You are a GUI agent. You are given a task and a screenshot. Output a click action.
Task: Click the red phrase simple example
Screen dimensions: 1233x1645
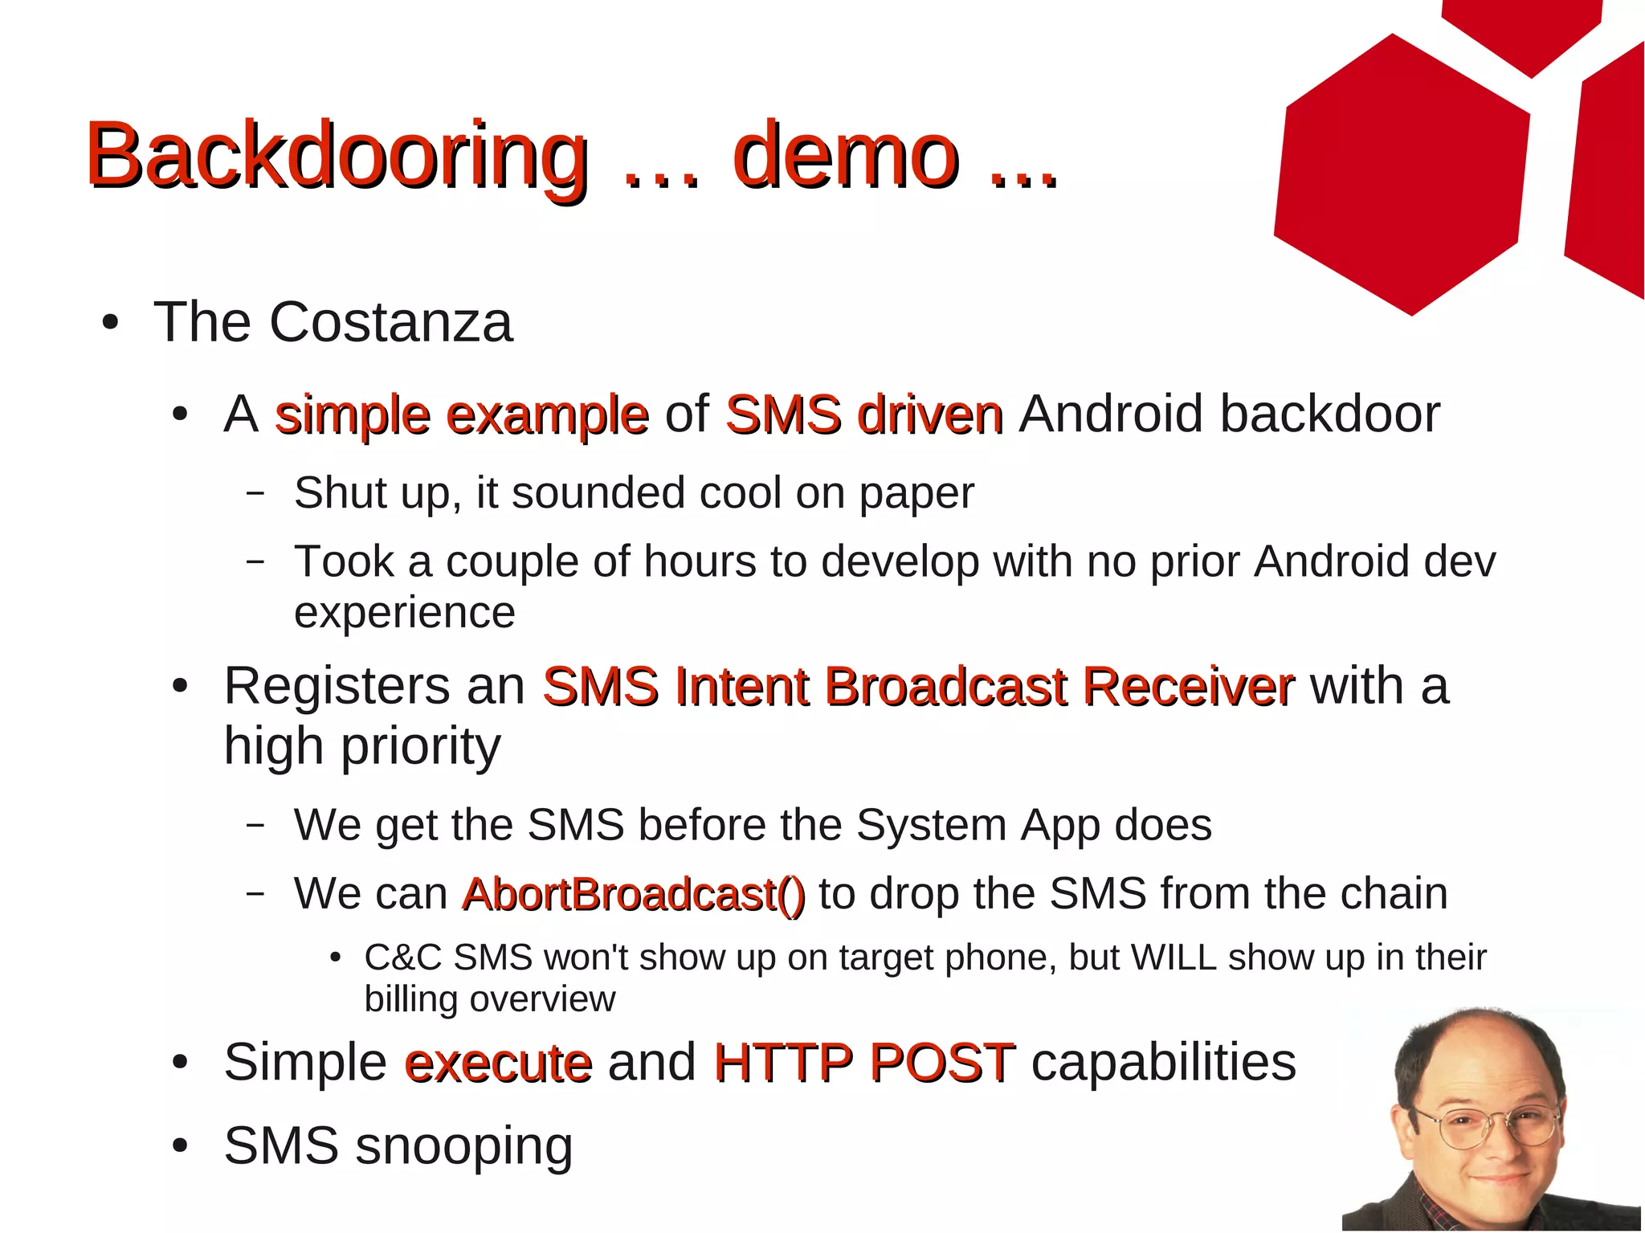tap(461, 415)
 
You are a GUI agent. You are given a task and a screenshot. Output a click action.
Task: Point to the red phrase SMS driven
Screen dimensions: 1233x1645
tap(863, 415)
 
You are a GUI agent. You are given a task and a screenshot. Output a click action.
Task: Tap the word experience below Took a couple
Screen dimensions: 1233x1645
tap(404, 613)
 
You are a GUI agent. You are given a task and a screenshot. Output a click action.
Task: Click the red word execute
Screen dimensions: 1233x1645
tap(498, 1063)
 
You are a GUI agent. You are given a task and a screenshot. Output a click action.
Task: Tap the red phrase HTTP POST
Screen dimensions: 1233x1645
tap(863, 1063)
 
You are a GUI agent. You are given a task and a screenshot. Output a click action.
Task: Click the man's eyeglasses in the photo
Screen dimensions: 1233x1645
tap(1487, 1125)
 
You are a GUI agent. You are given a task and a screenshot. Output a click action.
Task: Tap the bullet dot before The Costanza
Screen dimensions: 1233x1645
tap(111, 324)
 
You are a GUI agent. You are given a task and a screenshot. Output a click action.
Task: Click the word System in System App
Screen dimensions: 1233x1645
tap(931, 825)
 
